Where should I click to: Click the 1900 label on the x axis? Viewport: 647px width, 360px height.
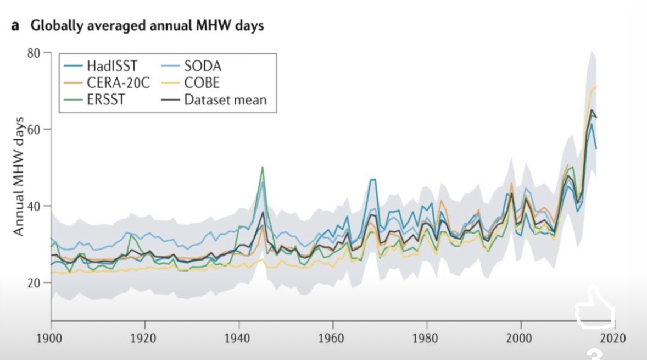click(51, 337)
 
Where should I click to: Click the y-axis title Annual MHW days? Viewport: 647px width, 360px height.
click(19, 176)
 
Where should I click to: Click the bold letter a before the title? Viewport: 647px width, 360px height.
click(15, 25)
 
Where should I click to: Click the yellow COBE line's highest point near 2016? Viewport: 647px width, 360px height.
click(596, 87)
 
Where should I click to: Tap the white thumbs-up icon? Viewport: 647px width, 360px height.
click(594, 311)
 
